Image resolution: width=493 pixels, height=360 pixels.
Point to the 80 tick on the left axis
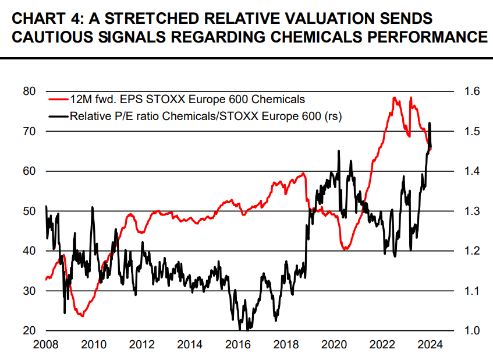click(29, 91)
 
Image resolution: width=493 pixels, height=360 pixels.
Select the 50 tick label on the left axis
click(29, 211)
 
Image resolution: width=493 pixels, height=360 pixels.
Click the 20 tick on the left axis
click(29, 330)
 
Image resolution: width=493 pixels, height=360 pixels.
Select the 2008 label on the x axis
click(45, 344)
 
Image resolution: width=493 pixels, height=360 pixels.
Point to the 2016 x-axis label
click(238, 344)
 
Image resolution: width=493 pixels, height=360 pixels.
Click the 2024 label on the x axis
click(431, 344)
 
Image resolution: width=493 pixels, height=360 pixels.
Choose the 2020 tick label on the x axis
click(335, 344)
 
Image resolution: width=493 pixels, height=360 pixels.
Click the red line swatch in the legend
click(59, 100)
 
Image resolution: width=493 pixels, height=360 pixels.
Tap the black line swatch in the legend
click(59, 116)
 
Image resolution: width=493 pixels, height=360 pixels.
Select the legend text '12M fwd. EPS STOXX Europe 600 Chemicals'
click(187, 100)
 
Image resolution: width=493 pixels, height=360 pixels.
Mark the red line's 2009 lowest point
click(82, 316)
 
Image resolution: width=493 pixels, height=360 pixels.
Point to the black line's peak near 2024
click(430, 123)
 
